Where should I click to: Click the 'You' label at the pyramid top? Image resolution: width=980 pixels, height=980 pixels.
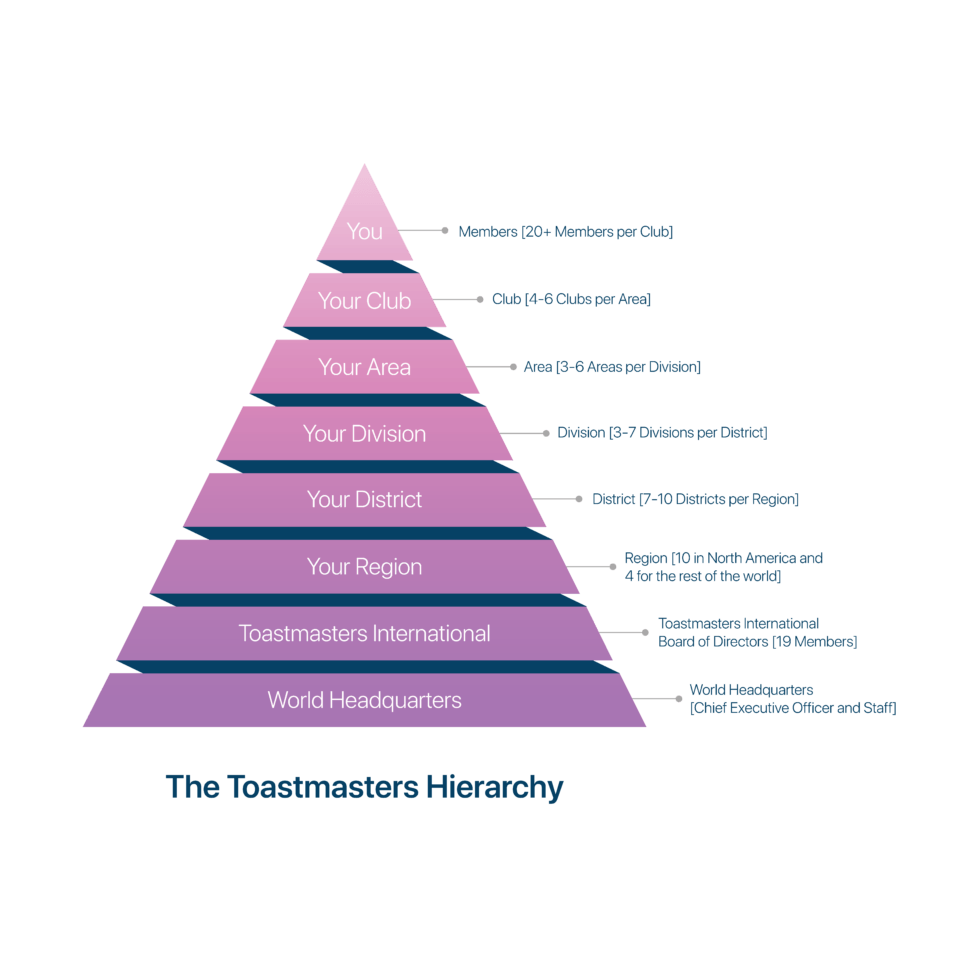(x=364, y=231)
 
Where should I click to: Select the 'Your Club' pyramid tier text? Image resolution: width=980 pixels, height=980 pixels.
(x=364, y=301)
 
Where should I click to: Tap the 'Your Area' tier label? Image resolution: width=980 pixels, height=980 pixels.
(x=364, y=367)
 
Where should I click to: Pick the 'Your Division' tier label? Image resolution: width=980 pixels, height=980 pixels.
(x=364, y=433)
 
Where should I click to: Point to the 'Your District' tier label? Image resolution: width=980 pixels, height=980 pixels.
(x=364, y=499)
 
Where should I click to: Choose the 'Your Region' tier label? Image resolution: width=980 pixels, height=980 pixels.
(x=364, y=567)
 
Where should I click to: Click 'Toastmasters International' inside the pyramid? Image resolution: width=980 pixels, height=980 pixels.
(x=364, y=633)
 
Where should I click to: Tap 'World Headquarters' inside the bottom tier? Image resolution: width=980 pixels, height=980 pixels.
(x=364, y=700)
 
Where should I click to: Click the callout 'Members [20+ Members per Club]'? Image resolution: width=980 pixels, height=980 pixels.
(x=566, y=232)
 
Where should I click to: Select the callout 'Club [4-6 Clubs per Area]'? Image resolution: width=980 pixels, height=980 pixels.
(x=571, y=299)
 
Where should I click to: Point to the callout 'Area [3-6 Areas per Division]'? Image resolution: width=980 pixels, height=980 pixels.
(x=612, y=367)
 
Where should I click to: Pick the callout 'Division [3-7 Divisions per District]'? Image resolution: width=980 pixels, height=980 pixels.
(x=662, y=432)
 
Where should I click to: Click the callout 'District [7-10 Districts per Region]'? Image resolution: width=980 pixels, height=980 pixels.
(x=696, y=499)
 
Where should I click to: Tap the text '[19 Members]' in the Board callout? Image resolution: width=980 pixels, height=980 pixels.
(x=814, y=642)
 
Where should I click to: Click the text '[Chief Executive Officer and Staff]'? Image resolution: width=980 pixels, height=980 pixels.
(x=793, y=708)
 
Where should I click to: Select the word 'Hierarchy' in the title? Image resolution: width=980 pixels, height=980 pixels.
(x=494, y=788)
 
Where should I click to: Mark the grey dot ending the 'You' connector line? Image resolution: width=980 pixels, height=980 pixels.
(x=445, y=231)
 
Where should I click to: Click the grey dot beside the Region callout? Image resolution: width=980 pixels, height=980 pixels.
(x=612, y=567)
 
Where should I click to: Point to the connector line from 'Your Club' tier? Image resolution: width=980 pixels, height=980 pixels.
(x=456, y=299)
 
